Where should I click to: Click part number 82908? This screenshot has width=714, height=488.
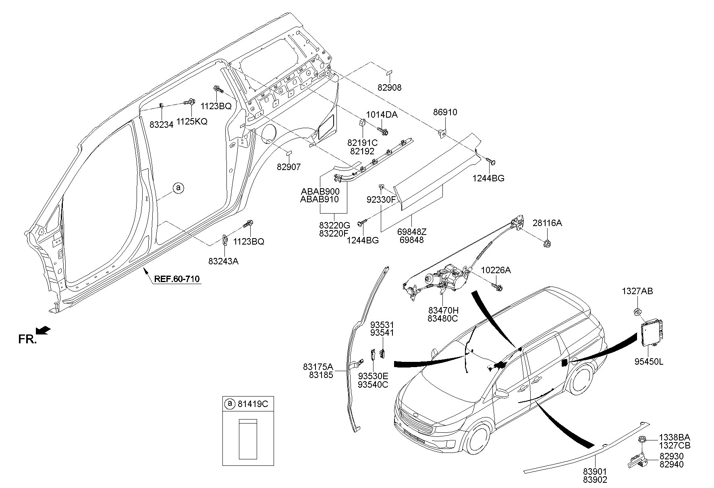coord(389,87)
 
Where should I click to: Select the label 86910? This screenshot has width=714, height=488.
coord(445,112)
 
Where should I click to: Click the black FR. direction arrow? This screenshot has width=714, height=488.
coord(44,330)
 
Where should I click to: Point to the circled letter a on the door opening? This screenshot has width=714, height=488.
coord(178,188)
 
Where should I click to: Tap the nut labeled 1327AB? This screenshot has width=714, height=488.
coord(636,311)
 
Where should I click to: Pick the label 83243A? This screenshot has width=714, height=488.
coord(223,261)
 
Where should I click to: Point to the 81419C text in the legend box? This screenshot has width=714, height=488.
coord(253,404)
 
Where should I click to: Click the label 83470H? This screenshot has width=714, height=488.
coord(443,310)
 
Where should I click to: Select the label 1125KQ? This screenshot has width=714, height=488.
coord(192,121)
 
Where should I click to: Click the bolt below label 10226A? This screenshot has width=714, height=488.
coord(498,287)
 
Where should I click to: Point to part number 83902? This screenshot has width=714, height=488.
coord(594,480)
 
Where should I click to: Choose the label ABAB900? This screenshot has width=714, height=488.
coord(320,191)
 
